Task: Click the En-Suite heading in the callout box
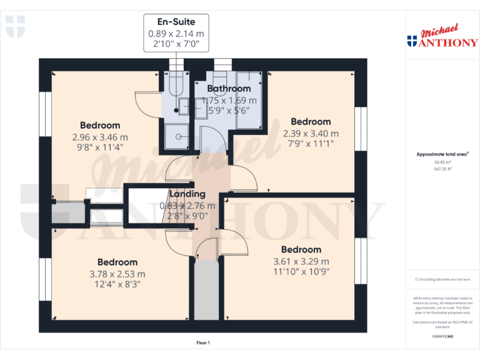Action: [176, 22]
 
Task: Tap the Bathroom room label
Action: [229, 89]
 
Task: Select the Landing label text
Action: [187, 194]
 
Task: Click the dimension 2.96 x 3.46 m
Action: [100, 137]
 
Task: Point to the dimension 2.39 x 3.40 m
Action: [311, 133]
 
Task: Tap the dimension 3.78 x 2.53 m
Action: [117, 274]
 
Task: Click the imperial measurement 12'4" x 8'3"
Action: [117, 284]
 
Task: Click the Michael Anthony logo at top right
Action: [442, 37]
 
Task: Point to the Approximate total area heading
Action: [442, 154]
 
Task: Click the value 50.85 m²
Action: [442, 162]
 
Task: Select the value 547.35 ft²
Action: [442, 169]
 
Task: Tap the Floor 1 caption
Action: [203, 342]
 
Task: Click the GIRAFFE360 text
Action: [442, 337]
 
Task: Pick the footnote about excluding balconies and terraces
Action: [442, 279]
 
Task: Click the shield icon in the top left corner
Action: [15, 26]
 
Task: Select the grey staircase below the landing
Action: [203, 291]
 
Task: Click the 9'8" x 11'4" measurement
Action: [100, 148]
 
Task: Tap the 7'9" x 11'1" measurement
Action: [311, 144]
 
